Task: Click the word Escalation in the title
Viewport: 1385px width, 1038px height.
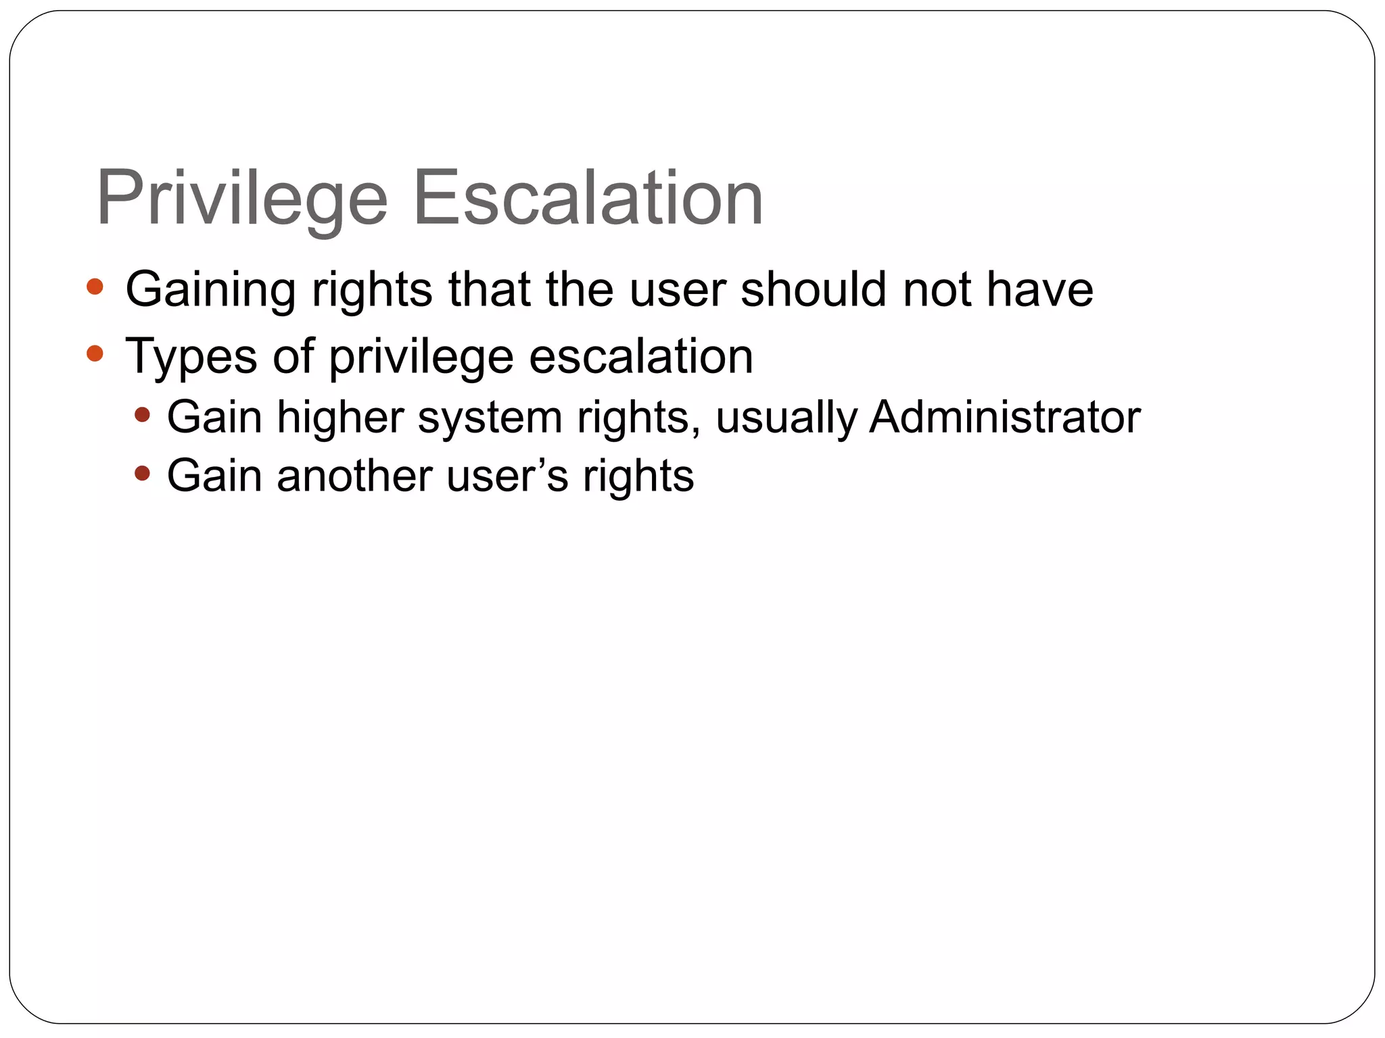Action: pos(588,198)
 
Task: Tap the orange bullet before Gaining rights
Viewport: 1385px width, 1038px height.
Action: pos(95,287)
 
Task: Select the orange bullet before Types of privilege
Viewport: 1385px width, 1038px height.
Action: pos(95,353)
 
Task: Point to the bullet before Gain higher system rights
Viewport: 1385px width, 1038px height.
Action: pos(142,414)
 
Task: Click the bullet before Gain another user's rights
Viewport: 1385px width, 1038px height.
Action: pos(142,473)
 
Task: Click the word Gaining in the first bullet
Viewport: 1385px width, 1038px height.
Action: pos(210,290)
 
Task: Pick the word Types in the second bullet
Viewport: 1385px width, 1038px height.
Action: pos(191,357)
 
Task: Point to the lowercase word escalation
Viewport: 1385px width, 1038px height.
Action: pos(640,355)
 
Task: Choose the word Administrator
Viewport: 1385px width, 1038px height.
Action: pos(1004,416)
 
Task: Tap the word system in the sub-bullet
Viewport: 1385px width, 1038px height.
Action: pos(490,418)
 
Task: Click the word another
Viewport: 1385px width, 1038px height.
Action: pos(354,476)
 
